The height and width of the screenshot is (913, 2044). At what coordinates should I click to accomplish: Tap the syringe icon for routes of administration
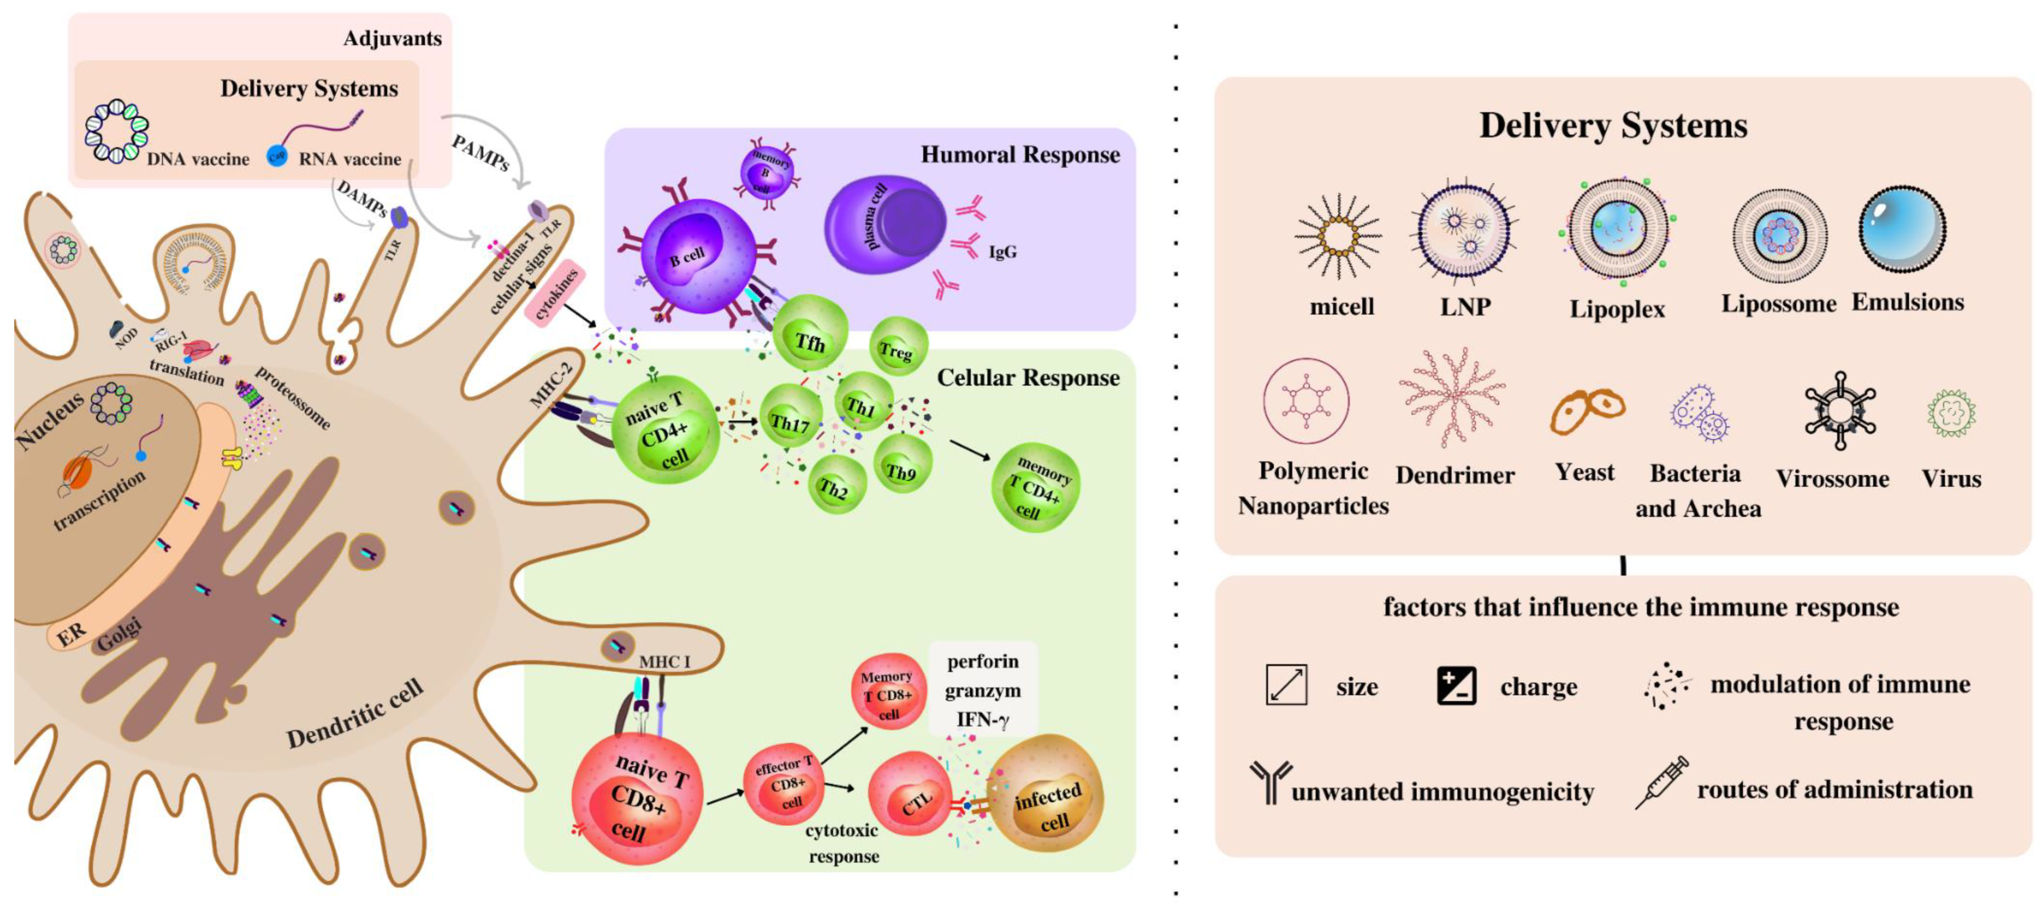click(x=1661, y=783)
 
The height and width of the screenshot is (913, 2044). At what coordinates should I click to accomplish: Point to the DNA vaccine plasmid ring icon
click(x=117, y=132)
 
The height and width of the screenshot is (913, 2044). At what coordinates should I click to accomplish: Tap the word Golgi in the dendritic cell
click(x=119, y=635)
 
